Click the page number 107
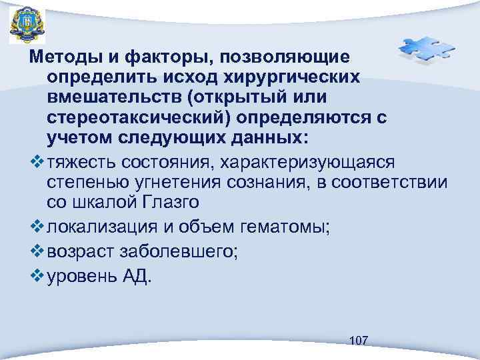pos(359,341)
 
